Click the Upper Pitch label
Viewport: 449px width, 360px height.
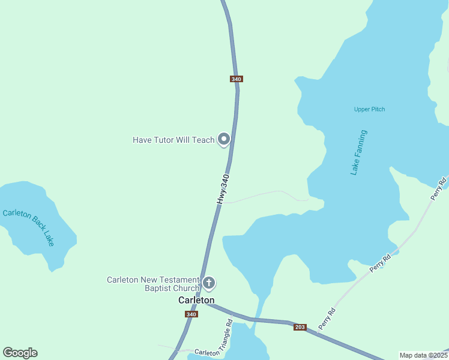pyautogui.click(x=369, y=109)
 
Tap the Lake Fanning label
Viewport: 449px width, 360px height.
pyautogui.click(x=358, y=152)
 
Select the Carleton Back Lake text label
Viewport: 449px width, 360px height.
pyautogui.click(x=29, y=227)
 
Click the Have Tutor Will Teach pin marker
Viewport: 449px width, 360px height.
pyautogui.click(x=224, y=139)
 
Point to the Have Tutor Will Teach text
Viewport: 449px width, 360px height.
pyautogui.click(x=173, y=140)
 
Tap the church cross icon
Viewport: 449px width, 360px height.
pyautogui.click(x=209, y=282)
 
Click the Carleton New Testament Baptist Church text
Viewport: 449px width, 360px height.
pyautogui.click(x=152, y=284)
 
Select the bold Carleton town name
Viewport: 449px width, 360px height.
pyautogui.click(x=196, y=300)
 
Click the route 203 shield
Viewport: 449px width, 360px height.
pyautogui.click(x=300, y=327)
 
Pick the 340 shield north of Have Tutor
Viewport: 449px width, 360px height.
pyautogui.click(x=236, y=79)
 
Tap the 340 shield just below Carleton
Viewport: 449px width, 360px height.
pyautogui.click(x=191, y=314)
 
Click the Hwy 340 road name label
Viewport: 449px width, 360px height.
pyautogui.click(x=223, y=189)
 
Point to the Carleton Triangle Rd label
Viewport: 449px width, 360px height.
pyautogui.click(x=214, y=342)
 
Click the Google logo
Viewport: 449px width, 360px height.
pyautogui.click(x=20, y=353)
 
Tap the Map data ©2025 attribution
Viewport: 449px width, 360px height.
pyautogui.click(x=423, y=355)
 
